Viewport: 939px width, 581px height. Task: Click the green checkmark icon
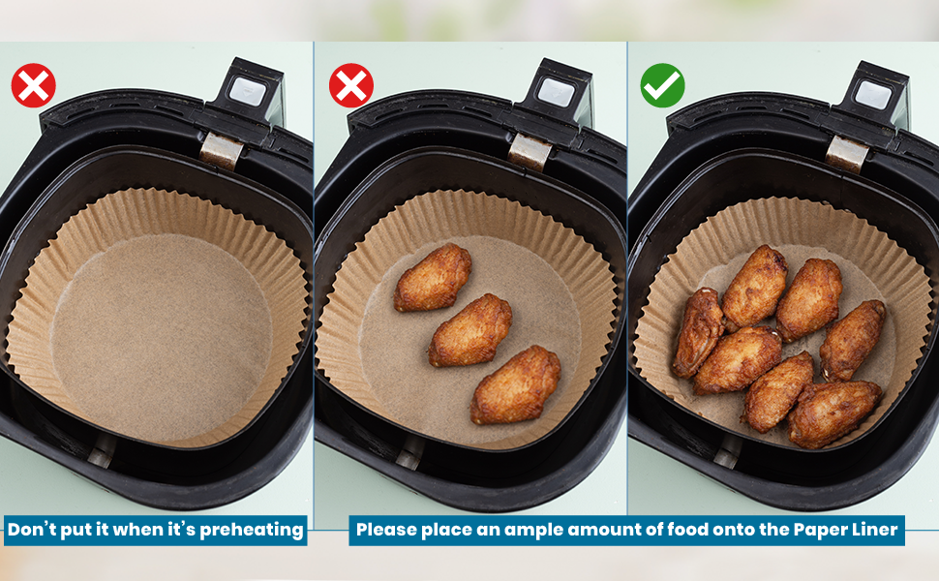pyautogui.click(x=662, y=85)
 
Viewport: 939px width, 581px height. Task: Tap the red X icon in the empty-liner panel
pyautogui.click(x=34, y=85)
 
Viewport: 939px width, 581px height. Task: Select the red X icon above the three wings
pyautogui.click(x=351, y=85)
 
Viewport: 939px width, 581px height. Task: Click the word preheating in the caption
pyautogui.click(x=252, y=530)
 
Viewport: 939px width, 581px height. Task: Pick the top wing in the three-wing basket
pyautogui.click(x=433, y=277)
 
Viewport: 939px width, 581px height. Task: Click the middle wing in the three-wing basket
pyautogui.click(x=470, y=330)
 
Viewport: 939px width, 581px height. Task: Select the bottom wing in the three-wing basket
pyautogui.click(x=516, y=384)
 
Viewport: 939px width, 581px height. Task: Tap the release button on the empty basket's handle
pyautogui.click(x=247, y=92)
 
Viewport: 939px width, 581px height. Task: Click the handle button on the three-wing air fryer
pyautogui.click(x=556, y=92)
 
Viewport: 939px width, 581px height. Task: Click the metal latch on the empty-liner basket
pyautogui.click(x=221, y=150)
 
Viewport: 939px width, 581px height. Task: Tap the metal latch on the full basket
pyautogui.click(x=847, y=154)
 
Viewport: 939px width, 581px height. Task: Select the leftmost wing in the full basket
pyautogui.click(x=698, y=332)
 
